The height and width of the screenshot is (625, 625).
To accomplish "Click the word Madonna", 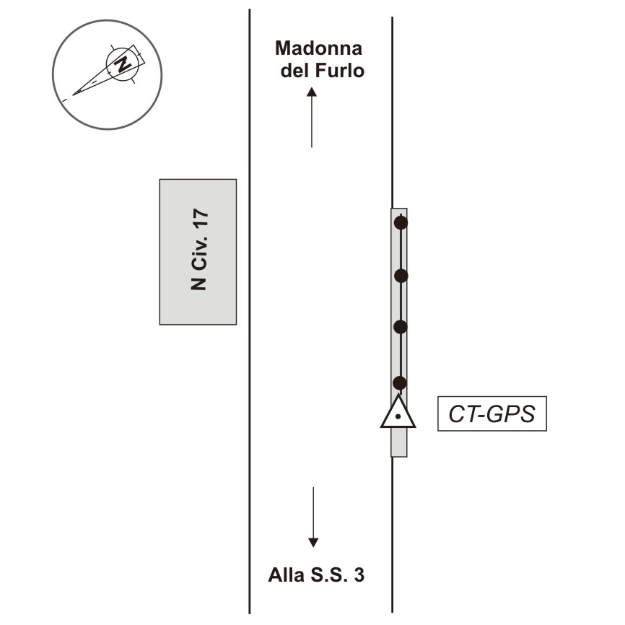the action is tap(318, 48).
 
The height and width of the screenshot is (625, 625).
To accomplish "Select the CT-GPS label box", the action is tap(492, 414).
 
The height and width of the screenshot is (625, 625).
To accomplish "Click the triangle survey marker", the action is tap(398, 412).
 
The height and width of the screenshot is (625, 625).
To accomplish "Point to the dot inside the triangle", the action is tap(398, 417).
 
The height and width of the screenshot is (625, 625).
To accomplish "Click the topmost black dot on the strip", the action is tap(401, 222).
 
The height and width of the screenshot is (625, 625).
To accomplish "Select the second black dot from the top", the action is tap(401, 276).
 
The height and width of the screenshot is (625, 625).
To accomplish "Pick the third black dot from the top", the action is tap(401, 327).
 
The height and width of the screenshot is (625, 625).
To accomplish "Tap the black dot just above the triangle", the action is tap(399, 383).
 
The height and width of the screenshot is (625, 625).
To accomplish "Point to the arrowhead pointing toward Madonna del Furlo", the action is tap(312, 92).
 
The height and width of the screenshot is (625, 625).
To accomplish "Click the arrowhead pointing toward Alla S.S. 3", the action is tap(313, 543).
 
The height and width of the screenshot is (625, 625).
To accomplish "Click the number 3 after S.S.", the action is tap(359, 575).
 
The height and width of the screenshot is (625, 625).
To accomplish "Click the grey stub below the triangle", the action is tap(398, 442).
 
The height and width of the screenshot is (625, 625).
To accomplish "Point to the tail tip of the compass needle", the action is tap(73, 95).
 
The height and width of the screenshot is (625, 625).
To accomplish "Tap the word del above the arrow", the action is tap(295, 71).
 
